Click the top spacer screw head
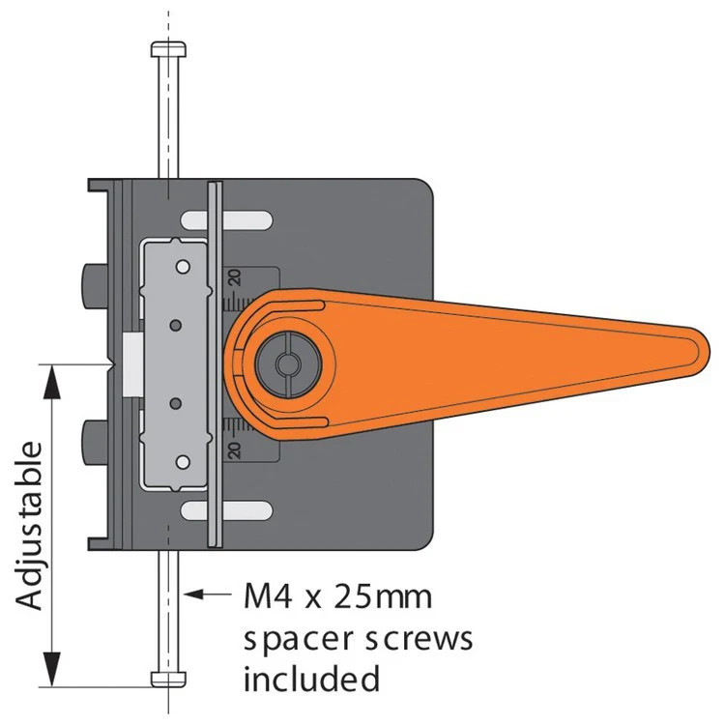point(169,49)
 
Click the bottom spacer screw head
point(169,679)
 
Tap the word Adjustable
point(30,526)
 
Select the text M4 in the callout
point(268,597)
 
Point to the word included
point(311,679)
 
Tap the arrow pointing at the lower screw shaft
point(208,594)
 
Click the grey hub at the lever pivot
point(288,364)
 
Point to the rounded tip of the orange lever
point(701,352)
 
